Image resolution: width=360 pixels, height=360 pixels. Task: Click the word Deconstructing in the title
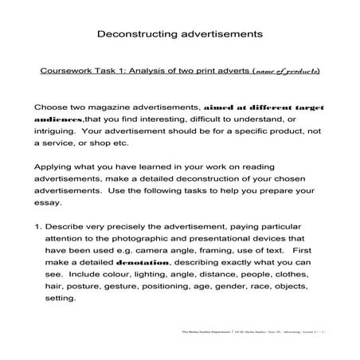[x=132, y=35]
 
